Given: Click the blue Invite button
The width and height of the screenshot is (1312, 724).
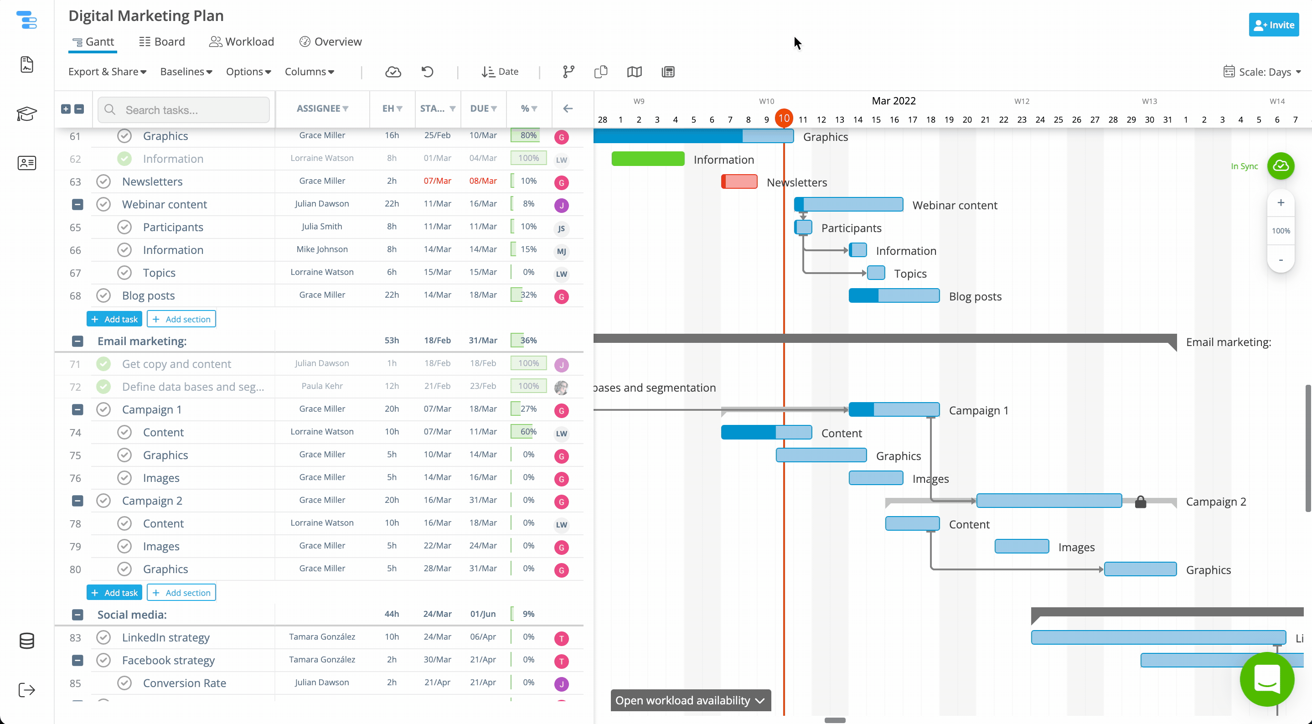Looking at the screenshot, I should click(x=1273, y=25).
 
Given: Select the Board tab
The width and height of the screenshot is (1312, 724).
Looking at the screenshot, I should click(x=162, y=42).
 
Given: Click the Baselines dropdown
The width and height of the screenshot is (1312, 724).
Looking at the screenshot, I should click(x=186, y=72).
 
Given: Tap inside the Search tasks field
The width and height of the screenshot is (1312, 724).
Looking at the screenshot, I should click(x=194, y=110).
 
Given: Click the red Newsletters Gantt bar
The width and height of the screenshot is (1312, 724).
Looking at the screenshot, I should click(x=739, y=182).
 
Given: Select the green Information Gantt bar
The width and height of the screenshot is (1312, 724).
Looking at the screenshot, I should click(x=647, y=159).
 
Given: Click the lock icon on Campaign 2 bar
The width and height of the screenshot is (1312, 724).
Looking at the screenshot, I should click(x=1140, y=502).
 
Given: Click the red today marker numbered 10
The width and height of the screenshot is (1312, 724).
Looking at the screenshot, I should click(x=784, y=119).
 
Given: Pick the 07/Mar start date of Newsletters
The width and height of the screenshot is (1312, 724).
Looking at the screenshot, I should click(x=437, y=181).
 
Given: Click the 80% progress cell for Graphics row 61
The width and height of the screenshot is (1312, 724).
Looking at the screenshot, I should click(x=528, y=135).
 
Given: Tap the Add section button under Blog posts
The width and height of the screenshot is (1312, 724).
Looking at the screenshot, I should click(x=181, y=320).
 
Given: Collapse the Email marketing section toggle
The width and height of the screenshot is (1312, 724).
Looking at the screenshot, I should click(x=77, y=341).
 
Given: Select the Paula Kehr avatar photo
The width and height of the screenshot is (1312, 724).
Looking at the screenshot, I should click(x=561, y=387).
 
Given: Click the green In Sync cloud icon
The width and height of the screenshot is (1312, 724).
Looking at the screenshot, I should click(x=1281, y=166).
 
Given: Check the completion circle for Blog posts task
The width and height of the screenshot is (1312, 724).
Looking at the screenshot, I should click(x=103, y=295).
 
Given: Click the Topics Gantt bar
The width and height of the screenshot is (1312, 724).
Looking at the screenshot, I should click(x=876, y=273).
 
